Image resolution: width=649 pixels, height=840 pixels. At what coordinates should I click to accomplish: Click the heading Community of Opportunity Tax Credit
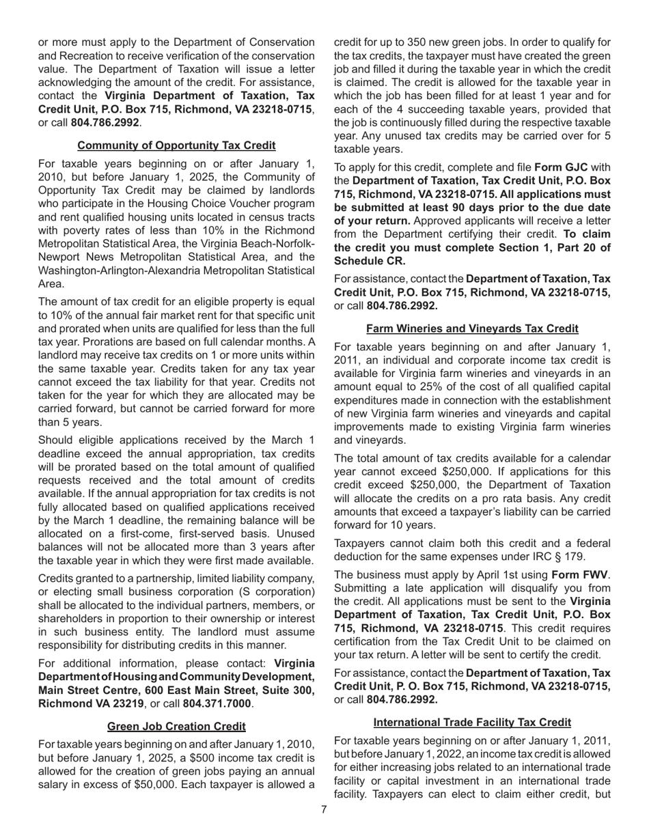click(x=176, y=145)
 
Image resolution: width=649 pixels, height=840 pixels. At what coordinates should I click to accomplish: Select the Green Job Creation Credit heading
click(x=176, y=726)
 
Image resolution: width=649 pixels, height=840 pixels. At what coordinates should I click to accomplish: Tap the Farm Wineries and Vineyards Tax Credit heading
click(x=472, y=329)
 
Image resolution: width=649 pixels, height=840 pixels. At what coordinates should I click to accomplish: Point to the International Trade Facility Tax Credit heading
click(x=472, y=723)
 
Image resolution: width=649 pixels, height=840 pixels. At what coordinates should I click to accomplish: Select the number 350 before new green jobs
click(x=404, y=43)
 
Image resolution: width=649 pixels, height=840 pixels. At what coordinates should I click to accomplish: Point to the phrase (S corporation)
click(x=274, y=592)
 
